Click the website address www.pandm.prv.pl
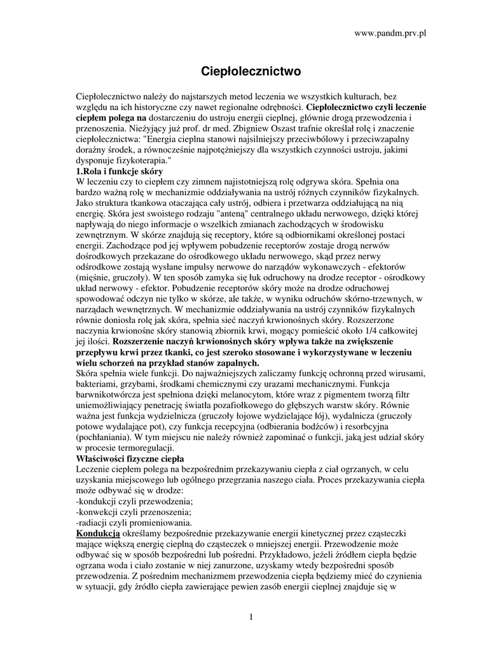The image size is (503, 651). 389,33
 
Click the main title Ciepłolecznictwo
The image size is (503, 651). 251,71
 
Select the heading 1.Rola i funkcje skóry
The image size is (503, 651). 120,172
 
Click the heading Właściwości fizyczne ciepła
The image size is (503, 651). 130,458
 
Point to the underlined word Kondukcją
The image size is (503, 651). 97,533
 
